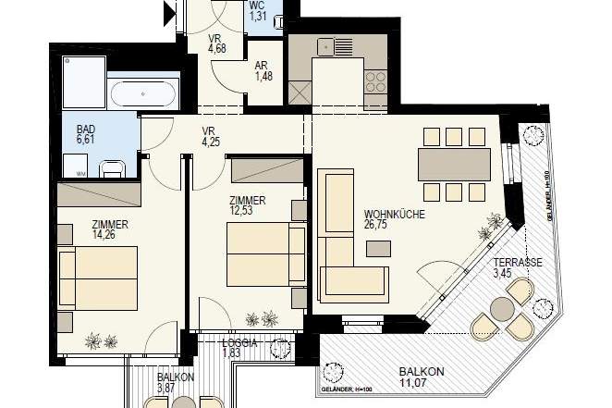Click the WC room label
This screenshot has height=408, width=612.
coord(258,10)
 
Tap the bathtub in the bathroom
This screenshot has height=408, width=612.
coord(141,94)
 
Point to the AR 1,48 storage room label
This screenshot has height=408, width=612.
coord(264,70)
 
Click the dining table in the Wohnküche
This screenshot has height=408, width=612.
coord(454,165)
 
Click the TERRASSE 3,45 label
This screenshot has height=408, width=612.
coord(516,268)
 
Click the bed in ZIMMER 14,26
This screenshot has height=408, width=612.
coord(99,277)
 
